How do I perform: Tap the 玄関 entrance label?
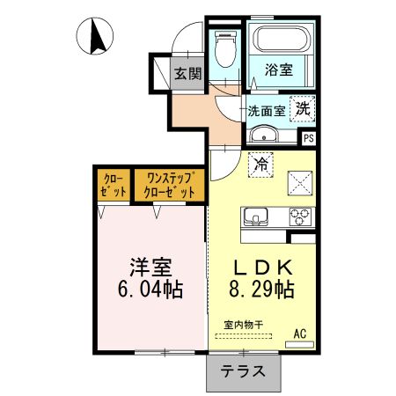pyautogui.click(x=186, y=74)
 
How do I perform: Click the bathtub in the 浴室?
pyautogui.click(x=281, y=40)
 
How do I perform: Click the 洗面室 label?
pyautogui.click(x=265, y=112)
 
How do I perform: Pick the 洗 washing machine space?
pyautogui.click(x=303, y=109)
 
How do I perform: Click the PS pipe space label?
pyautogui.click(x=309, y=138)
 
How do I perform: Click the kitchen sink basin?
pyautogui.click(x=257, y=216)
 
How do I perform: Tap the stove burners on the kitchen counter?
pyautogui.click(x=298, y=215)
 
